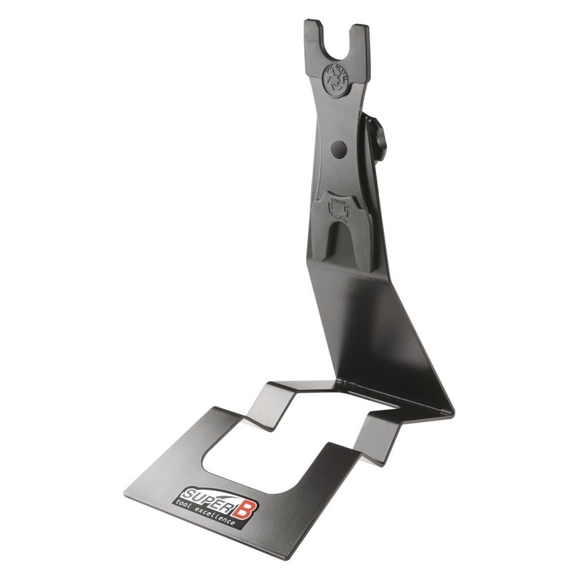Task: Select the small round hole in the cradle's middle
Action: pos(338,149)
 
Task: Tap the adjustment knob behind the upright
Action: pos(379,138)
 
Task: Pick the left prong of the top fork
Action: pos(314,40)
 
